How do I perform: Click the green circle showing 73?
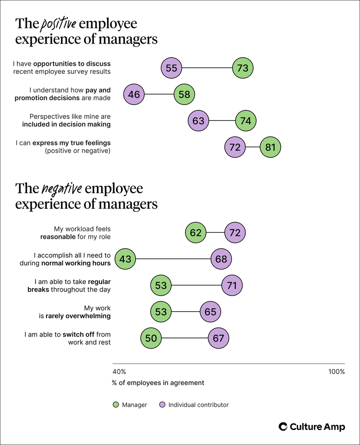point(242,68)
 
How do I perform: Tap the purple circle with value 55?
point(171,68)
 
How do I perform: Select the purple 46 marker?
point(134,94)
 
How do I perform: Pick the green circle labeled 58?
point(184,94)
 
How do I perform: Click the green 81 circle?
point(270,147)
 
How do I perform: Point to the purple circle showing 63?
point(198,121)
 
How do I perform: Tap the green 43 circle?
point(125,259)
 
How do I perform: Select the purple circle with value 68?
point(222,259)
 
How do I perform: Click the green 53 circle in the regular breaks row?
point(161,286)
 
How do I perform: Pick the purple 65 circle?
point(210,312)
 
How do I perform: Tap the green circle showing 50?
point(151,339)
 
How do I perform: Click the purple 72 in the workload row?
point(235,233)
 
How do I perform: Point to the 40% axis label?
point(119,372)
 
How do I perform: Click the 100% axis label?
point(336,372)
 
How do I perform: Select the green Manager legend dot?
point(116,405)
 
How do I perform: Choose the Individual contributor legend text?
point(198,405)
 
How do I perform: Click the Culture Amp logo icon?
point(283,427)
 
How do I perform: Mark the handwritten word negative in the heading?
point(61,188)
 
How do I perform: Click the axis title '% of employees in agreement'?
point(158,383)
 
